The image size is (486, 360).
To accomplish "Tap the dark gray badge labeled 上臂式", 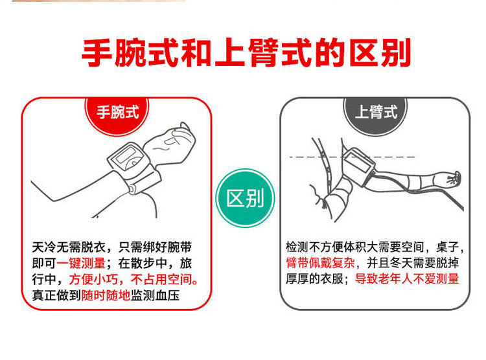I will (375, 111).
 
